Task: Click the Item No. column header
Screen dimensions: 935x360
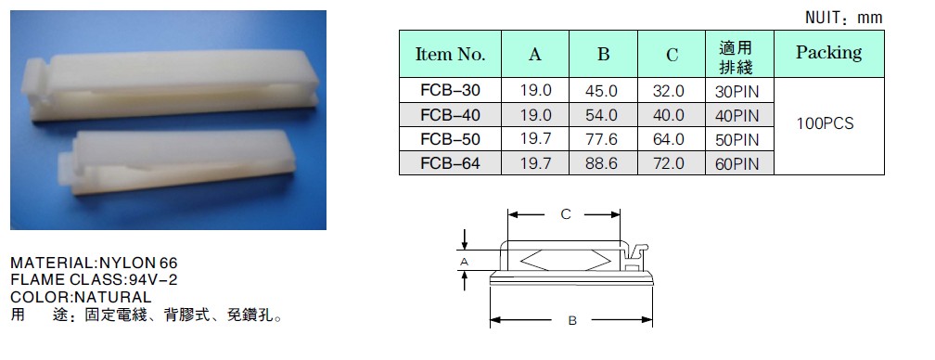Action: pos(450,55)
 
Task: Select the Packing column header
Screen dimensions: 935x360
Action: pos(829,53)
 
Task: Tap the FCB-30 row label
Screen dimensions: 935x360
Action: pos(450,90)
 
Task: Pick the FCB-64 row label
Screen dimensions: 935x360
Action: pos(450,162)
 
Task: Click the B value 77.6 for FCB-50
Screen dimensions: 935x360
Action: pos(603,139)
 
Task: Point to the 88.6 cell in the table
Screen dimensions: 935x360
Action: pos(603,162)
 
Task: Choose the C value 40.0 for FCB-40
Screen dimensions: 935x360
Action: pos(671,114)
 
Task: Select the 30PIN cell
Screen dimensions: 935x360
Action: pos(738,92)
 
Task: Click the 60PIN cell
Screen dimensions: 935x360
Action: pos(738,163)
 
